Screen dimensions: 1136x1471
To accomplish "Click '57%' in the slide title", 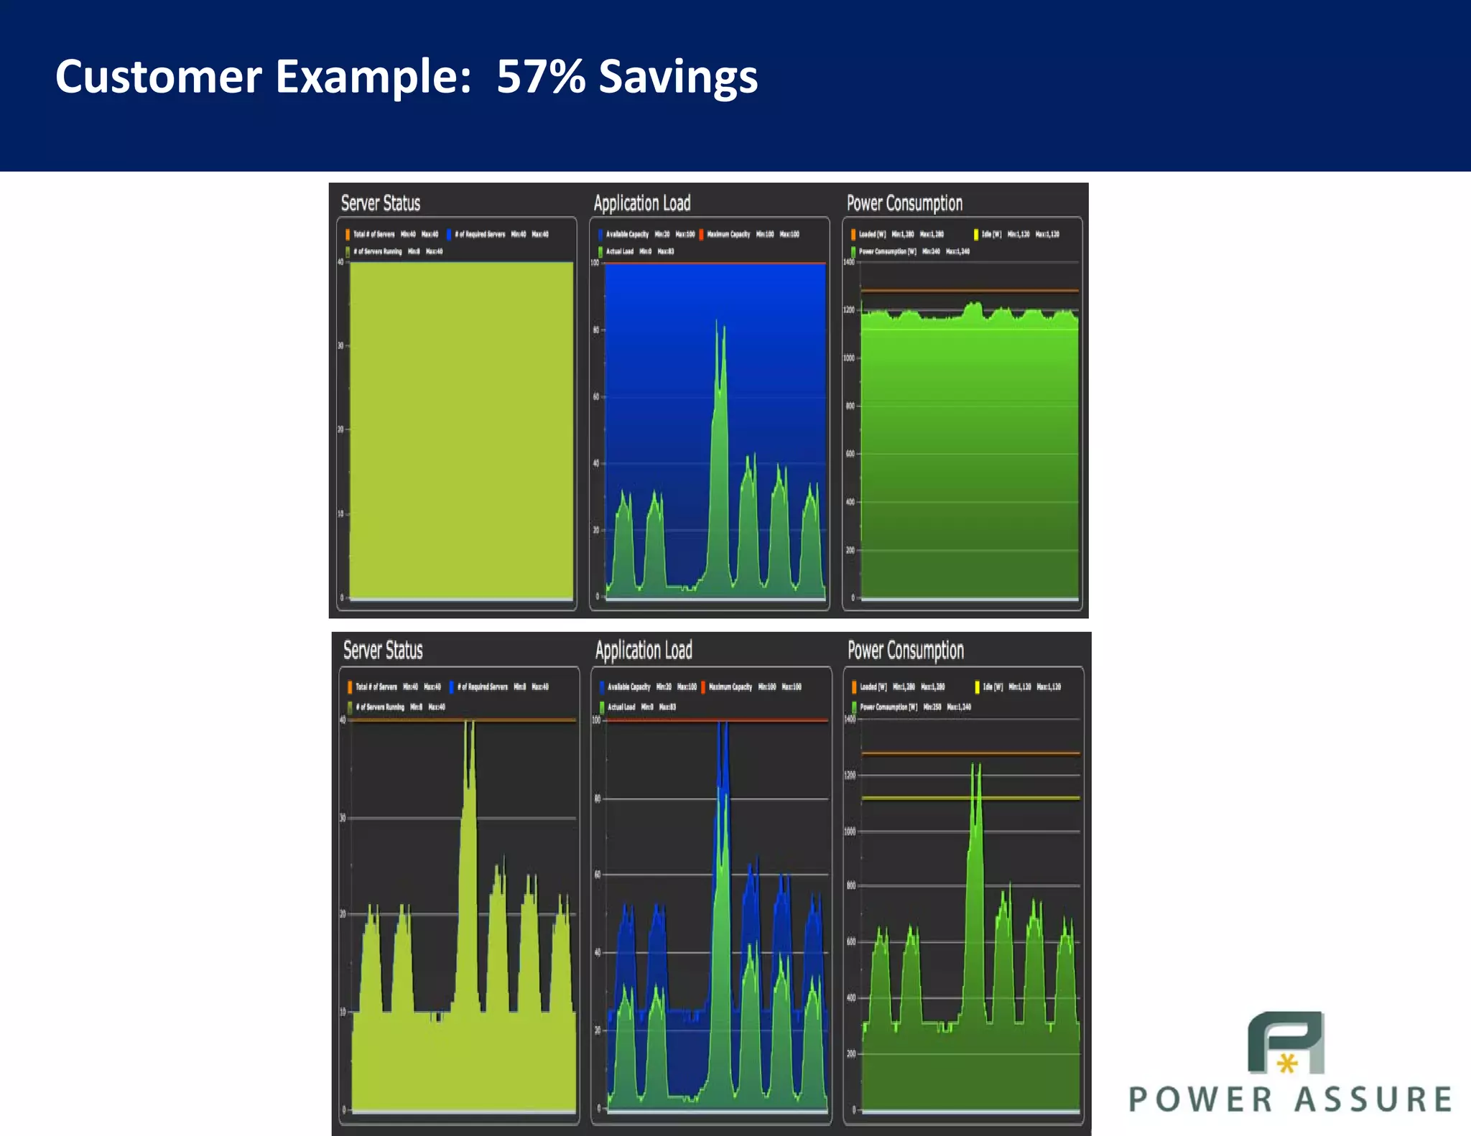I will (x=540, y=77).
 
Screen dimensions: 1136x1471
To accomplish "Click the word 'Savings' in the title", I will (x=677, y=77).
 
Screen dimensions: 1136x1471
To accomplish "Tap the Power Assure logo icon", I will (x=1286, y=1043).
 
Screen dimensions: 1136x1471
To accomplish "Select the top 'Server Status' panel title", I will (x=380, y=203).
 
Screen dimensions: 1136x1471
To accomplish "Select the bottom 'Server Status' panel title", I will (x=383, y=651).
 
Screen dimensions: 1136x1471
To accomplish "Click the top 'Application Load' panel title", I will (x=641, y=203).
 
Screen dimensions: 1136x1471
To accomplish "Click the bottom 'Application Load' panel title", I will (x=644, y=651).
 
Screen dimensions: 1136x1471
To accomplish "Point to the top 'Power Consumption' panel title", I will (x=904, y=203).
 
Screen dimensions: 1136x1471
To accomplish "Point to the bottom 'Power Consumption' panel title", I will (x=906, y=651).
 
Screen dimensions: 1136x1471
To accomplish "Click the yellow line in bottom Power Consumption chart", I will (x=970, y=798).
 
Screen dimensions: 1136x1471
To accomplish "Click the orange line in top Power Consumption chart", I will (x=970, y=291).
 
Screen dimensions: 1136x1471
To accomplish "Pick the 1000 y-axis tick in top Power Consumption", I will (x=849, y=358).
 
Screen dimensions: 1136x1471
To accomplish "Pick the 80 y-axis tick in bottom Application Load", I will (x=597, y=799).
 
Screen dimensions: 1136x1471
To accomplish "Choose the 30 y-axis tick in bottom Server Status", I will (x=343, y=818).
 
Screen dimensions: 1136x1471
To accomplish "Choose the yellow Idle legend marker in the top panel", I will (x=975, y=234).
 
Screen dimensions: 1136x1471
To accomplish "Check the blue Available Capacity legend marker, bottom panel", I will (x=601, y=687).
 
